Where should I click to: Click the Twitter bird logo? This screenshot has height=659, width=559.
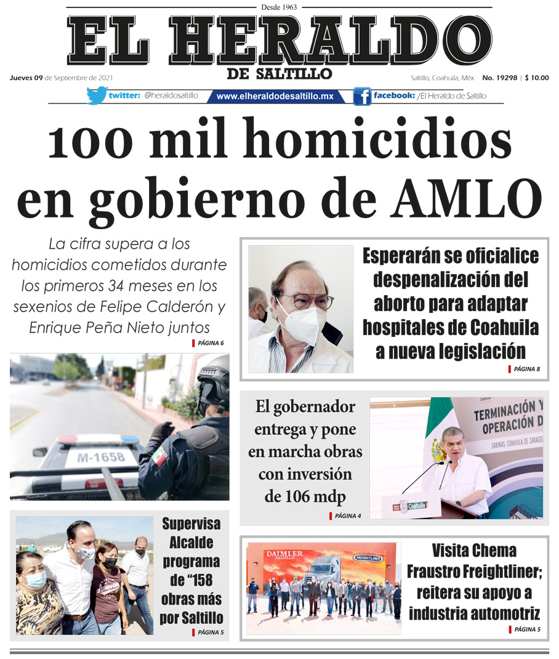pos(97,95)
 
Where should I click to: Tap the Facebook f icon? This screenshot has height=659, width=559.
pos(362,96)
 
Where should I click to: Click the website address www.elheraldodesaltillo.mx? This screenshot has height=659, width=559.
pos(275,96)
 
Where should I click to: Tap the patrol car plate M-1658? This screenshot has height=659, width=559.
pos(101,457)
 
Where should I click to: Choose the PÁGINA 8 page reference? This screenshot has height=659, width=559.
pos(526,369)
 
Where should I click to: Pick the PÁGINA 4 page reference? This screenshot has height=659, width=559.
pos(348,516)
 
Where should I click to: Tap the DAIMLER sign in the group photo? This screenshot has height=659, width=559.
pos(284,554)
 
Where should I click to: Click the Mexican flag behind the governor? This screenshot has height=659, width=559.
pos(439,431)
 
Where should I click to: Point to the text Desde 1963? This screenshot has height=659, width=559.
pos(279,7)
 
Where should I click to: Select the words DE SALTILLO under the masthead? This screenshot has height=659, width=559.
pos(279,75)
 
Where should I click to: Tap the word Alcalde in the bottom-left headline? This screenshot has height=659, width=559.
pos(191,543)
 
